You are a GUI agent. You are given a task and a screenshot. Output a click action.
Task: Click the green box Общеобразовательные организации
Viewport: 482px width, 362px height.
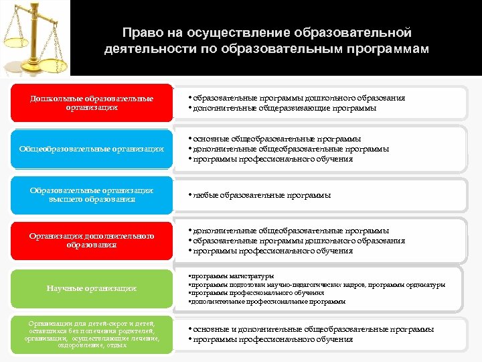click(92, 149)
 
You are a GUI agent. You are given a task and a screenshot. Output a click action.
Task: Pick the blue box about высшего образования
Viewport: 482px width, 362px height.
click(92, 195)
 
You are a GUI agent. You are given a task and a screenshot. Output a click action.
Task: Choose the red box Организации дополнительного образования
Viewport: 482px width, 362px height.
click(92, 241)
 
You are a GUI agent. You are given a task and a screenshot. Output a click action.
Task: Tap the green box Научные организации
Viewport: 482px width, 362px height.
click(92, 288)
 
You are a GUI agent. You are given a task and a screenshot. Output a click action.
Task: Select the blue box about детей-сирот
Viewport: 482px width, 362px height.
click(92, 334)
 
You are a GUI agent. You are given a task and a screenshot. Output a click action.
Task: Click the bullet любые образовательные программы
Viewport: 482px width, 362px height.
click(261, 196)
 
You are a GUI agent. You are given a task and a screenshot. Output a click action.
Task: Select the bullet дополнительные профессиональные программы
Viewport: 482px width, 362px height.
click(268, 302)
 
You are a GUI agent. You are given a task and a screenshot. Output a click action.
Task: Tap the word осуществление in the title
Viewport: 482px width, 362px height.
click(228, 33)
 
